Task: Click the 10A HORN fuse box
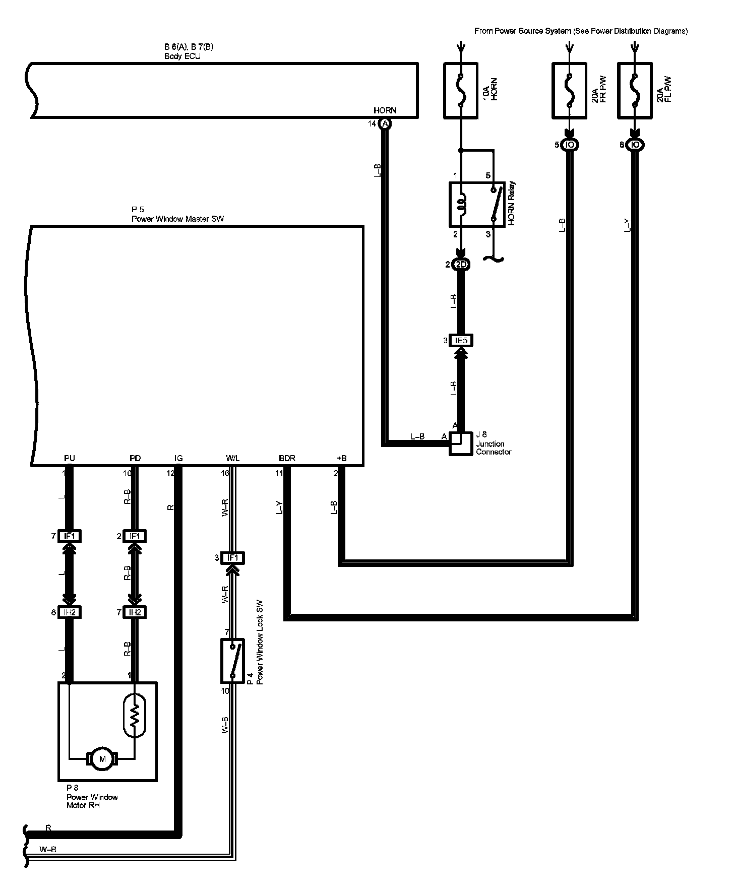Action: (460, 91)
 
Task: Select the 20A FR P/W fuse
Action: (569, 91)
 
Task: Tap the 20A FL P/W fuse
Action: (635, 91)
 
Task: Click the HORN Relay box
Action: (477, 205)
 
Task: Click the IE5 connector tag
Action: (461, 341)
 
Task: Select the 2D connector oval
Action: (461, 265)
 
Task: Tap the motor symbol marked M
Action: (103, 759)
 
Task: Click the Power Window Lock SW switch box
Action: (232, 660)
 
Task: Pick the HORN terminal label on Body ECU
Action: (385, 110)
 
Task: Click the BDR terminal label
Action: (287, 458)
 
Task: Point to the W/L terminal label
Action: (233, 458)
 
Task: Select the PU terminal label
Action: (70, 458)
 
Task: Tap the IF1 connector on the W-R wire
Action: (232, 558)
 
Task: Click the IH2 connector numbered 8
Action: (70, 612)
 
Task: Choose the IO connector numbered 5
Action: (570, 145)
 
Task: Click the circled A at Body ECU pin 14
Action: (385, 124)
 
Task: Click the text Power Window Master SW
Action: (177, 219)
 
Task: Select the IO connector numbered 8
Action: (635, 145)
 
